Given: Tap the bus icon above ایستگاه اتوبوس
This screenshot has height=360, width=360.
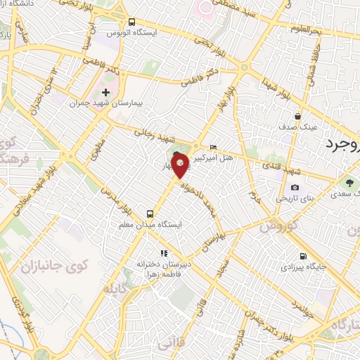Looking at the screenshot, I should point(134,22).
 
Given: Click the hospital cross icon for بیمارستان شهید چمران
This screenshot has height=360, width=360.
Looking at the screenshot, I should point(105,92).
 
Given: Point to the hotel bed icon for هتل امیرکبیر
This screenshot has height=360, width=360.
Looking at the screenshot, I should point(214,148).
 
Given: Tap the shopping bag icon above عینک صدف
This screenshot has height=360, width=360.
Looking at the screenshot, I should point(298,117).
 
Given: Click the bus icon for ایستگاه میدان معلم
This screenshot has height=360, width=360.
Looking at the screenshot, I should point(149,213).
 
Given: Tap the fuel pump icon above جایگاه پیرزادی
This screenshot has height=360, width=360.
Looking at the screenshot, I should point(302,256).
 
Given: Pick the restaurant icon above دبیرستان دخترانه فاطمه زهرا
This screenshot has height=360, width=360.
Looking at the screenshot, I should point(164,253).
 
